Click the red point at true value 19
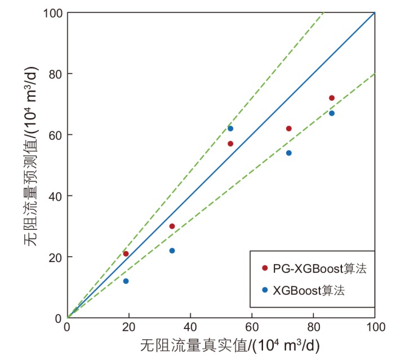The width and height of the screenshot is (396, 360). [x=126, y=254]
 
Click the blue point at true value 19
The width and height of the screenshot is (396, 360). [x=126, y=281]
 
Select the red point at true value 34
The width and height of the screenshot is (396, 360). [x=172, y=226]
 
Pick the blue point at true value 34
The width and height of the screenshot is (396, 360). [x=172, y=251]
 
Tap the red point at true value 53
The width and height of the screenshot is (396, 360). [x=230, y=144]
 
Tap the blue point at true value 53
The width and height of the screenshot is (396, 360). [x=230, y=128]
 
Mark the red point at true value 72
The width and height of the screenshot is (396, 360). [x=289, y=128]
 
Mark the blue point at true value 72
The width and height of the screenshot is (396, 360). [x=289, y=153]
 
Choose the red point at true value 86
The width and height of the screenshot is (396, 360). [x=332, y=98]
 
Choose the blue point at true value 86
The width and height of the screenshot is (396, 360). [x=332, y=113]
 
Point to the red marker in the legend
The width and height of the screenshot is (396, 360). [x=265, y=268]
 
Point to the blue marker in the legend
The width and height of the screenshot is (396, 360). [x=265, y=290]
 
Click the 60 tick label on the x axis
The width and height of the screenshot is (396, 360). [x=252, y=327]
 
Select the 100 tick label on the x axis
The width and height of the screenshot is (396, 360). [x=375, y=327]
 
